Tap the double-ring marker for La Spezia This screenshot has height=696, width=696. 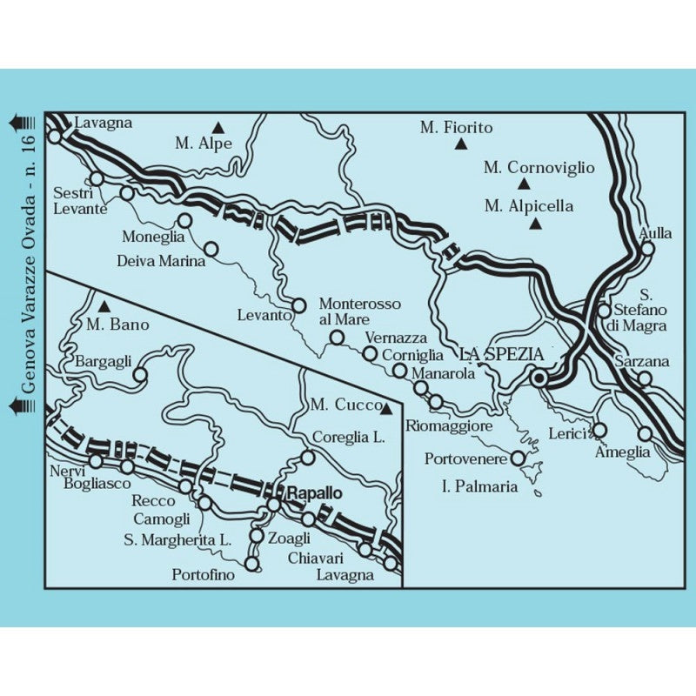click(539, 378)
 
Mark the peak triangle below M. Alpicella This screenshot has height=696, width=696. click(536, 224)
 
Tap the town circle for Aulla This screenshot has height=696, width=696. click(647, 248)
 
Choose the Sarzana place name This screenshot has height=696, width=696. click(640, 361)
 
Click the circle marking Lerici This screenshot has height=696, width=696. click(599, 430)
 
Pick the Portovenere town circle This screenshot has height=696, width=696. click(519, 458)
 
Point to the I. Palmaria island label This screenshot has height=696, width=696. click(480, 486)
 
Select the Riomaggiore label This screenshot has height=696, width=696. click(450, 426)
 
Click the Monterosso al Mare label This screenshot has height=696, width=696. click(359, 311)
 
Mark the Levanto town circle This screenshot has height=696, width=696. click(299, 305)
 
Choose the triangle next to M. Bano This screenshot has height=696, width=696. click(104, 306)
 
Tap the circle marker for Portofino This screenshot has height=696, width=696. click(252, 564)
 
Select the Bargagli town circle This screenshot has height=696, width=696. click(139, 376)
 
